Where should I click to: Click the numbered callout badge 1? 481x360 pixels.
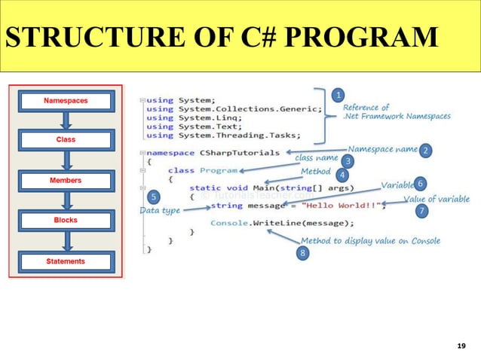coord(339,95)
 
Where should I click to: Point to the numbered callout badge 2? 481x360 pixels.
coord(425,151)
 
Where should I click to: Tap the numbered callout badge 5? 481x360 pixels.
coord(154,197)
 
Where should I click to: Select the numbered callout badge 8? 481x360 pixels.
coord(302,254)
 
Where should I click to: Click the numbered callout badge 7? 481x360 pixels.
coord(422,212)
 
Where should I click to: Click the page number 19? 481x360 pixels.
coord(461,346)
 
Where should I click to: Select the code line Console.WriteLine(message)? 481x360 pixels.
coord(282,223)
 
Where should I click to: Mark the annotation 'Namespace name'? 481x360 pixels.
coord(382,149)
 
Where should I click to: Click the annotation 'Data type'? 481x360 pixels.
coord(160,211)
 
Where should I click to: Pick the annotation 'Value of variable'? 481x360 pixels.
coord(437,199)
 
